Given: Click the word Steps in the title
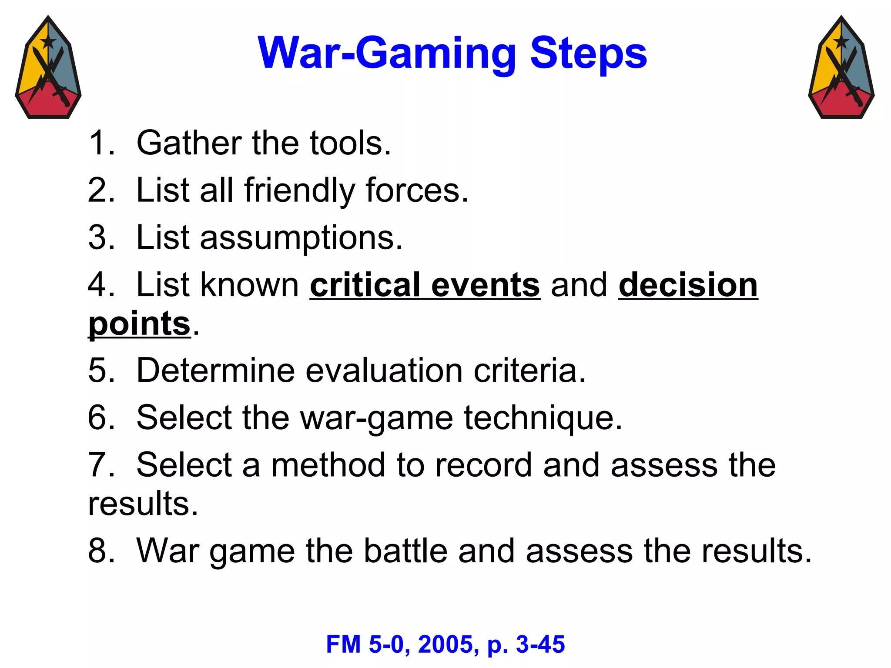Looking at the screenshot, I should pyautogui.click(x=588, y=53).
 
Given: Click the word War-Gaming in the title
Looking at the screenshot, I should pyautogui.click(x=386, y=53).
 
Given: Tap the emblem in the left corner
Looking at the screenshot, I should pyautogui.click(x=48, y=68).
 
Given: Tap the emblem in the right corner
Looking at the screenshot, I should pyautogui.click(x=841, y=68).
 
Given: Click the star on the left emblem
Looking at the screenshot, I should pyautogui.click(x=48, y=42).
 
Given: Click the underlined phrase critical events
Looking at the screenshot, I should pyautogui.click(x=425, y=285).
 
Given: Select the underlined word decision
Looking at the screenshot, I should pyautogui.click(x=688, y=285).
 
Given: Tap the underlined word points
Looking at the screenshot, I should pyautogui.click(x=139, y=324).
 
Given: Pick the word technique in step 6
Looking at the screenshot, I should pyautogui.click(x=543, y=418).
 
